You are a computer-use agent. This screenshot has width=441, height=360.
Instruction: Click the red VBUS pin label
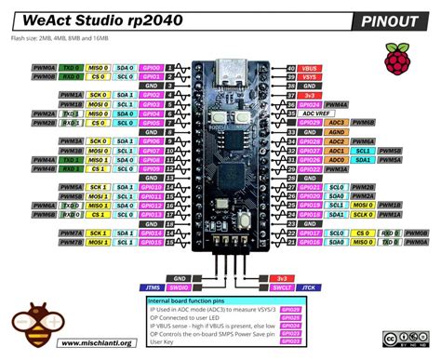[312, 68]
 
